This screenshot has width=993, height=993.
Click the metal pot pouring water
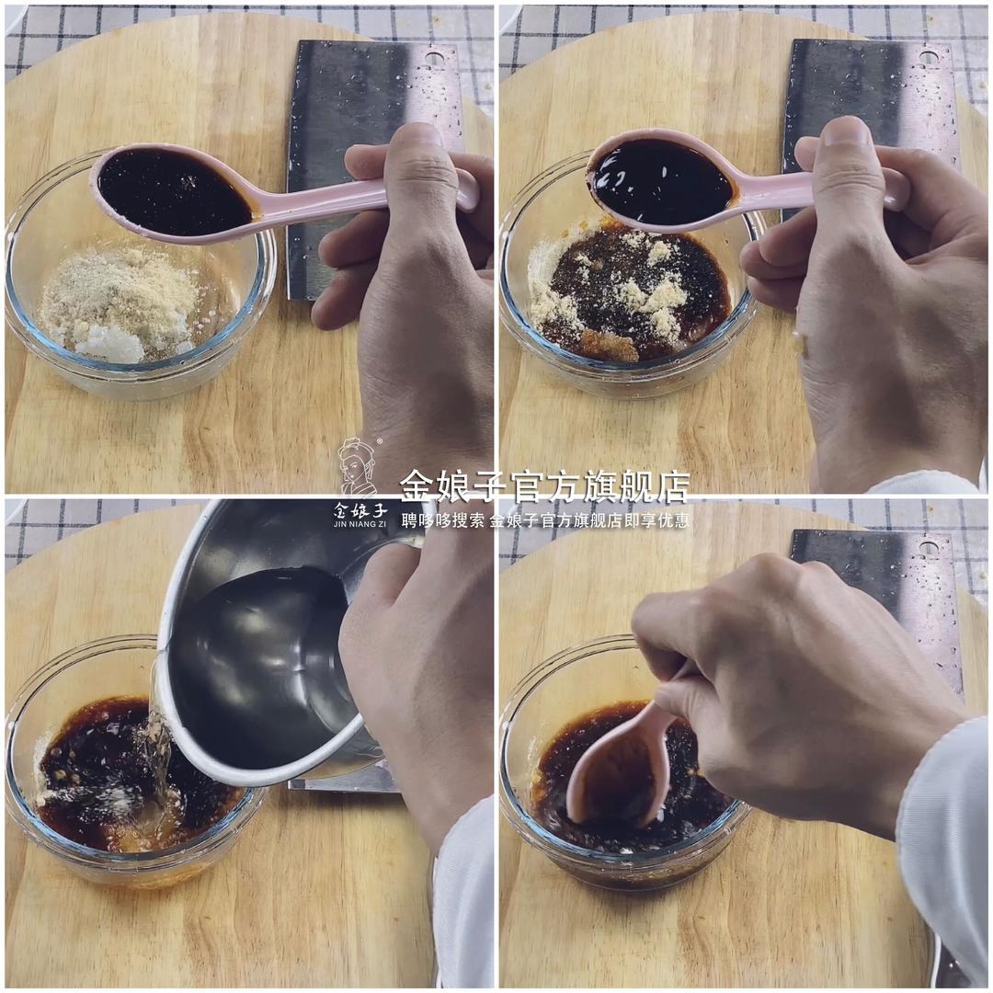267,644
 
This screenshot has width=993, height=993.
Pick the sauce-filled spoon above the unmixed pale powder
175,191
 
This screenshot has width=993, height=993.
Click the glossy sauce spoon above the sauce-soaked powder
662,181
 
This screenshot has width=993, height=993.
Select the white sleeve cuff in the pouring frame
464,892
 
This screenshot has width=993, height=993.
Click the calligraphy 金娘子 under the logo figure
360,508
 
